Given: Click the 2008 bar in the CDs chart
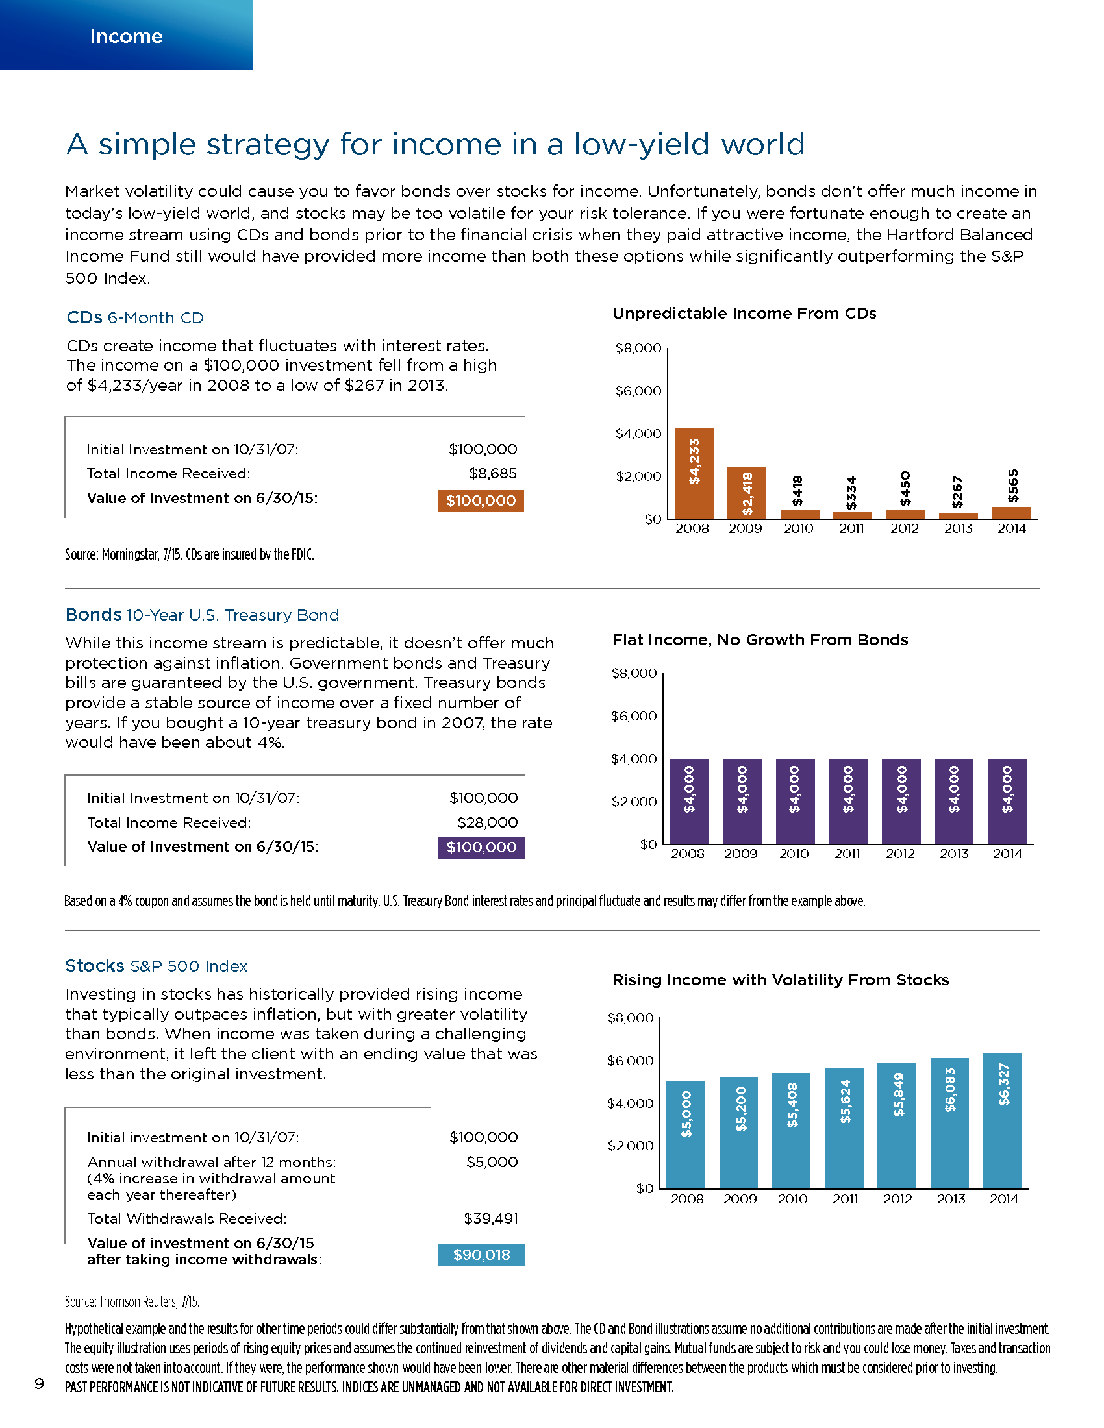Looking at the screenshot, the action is [x=694, y=473].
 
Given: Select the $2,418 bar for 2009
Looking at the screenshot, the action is [x=747, y=493].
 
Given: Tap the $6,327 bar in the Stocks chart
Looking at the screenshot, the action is [x=1003, y=1121].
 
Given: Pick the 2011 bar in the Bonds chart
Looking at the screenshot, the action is [x=848, y=802].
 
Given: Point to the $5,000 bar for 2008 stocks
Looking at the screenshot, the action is [x=685, y=1135].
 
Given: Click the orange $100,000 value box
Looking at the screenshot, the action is [x=481, y=501].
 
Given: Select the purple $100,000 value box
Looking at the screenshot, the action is [x=481, y=847].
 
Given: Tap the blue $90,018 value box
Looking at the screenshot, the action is [x=481, y=1255].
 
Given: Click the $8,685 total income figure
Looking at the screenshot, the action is [x=493, y=473].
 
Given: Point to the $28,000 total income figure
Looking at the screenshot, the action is [x=487, y=822].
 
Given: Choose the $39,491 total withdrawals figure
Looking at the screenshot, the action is [x=490, y=1218].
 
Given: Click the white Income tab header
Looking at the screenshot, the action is [x=126, y=36].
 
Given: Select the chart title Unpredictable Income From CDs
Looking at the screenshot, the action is [x=744, y=314].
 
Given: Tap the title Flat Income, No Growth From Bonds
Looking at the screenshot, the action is [x=760, y=640].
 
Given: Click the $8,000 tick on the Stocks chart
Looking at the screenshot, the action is [x=631, y=1018].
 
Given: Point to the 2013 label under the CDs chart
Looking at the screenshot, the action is [x=958, y=528].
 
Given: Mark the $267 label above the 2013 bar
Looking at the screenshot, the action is [x=957, y=492].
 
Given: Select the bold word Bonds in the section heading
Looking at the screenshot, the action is [x=94, y=615].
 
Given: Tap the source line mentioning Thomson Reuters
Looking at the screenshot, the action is [x=132, y=1302].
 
